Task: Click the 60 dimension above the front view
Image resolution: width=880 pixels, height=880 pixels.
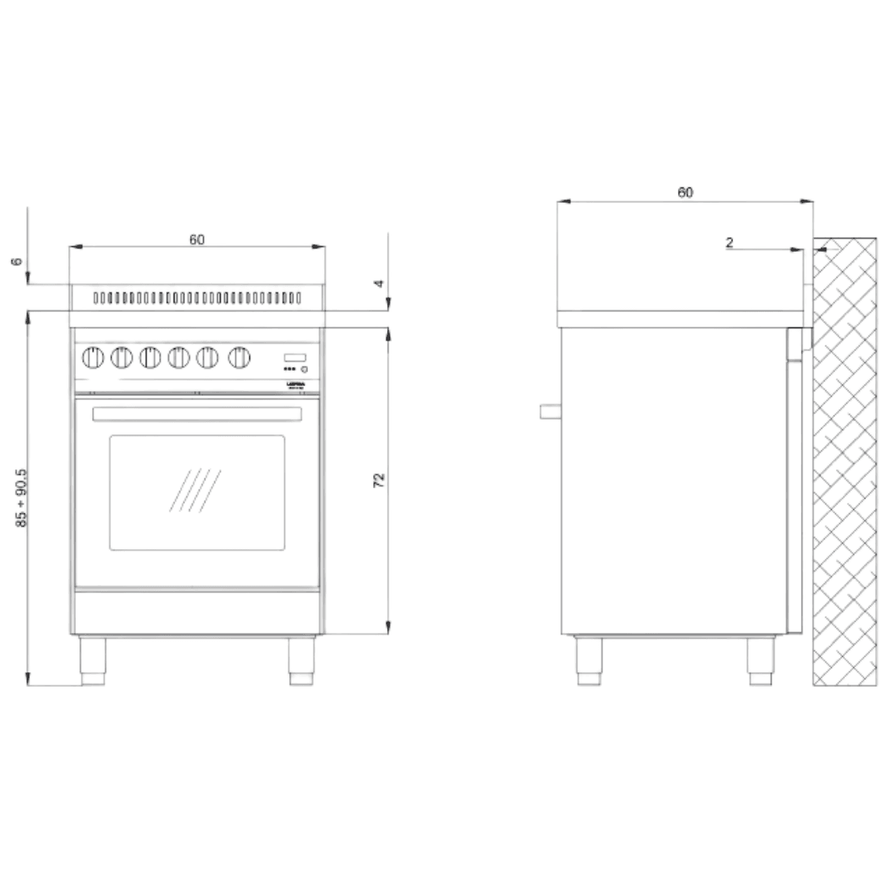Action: point(197,239)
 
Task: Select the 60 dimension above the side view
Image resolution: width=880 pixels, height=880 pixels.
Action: point(685,192)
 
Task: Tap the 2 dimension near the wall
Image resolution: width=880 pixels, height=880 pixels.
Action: point(729,242)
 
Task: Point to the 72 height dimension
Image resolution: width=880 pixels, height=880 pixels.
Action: point(379,480)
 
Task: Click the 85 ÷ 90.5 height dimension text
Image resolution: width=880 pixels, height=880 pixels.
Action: point(22,497)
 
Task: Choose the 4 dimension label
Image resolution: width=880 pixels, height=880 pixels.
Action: point(378,283)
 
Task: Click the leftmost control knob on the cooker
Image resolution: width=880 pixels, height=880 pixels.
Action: point(94,357)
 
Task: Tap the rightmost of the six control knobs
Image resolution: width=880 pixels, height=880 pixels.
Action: point(238,357)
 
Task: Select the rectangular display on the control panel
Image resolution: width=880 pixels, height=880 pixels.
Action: point(295,357)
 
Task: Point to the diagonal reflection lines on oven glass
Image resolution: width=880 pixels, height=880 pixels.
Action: point(196,490)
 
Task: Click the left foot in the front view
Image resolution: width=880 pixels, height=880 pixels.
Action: point(92,660)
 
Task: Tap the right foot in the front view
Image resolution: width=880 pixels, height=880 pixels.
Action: point(301,660)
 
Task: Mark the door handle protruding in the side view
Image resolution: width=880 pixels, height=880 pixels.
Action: point(550,411)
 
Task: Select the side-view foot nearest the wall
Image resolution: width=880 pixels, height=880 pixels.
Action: point(760,660)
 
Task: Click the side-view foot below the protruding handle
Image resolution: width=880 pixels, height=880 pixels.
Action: point(589,660)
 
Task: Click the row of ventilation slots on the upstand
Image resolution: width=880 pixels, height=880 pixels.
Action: point(197,298)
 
